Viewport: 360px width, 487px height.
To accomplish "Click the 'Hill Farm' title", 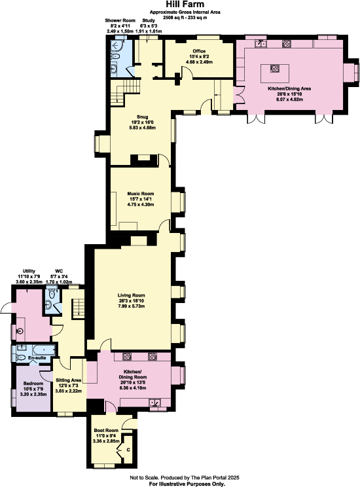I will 180,4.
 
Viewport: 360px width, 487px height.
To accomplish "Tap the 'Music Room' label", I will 140,194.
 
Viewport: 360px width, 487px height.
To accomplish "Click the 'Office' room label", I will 200,51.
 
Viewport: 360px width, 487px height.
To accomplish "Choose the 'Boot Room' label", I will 106,430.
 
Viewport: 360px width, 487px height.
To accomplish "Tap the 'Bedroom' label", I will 33,383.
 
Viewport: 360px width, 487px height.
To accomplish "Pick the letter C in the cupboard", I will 128,450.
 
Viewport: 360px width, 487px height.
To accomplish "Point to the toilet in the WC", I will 51,303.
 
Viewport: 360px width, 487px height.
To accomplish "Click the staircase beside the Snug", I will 123,94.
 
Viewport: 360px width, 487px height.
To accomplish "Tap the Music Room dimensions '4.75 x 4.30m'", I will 140,205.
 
